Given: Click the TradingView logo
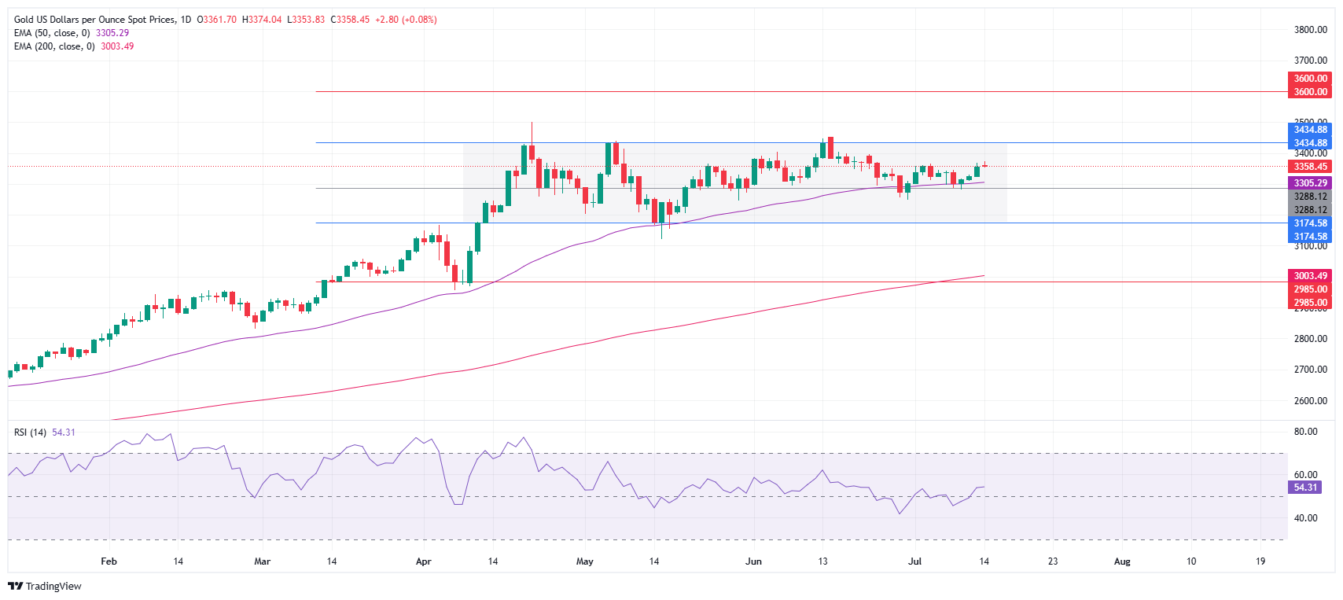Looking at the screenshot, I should [45, 586].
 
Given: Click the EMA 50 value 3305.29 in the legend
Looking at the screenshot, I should [112, 33].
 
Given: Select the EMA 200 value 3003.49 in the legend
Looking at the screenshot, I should [117, 46].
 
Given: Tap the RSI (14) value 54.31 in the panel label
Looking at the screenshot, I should [64, 433].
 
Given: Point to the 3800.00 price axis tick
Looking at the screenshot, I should [1310, 30].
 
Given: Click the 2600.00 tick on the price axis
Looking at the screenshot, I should [1310, 401].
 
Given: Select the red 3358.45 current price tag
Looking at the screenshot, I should [1310, 167].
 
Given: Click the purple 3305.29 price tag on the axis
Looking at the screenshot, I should [1310, 183].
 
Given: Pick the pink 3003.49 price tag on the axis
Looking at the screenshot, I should [1310, 276].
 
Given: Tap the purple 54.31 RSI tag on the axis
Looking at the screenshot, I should [1305, 488].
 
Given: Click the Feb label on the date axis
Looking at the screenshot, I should [109, 561].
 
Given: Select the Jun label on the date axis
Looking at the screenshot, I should [753, 561].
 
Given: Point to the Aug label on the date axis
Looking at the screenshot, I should [1122, 561].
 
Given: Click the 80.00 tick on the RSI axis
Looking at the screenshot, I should [1305, 432].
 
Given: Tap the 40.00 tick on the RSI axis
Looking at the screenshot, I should [1305, 518].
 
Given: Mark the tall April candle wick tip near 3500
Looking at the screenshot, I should [532, 123].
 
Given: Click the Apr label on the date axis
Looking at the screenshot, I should [424, 561].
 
